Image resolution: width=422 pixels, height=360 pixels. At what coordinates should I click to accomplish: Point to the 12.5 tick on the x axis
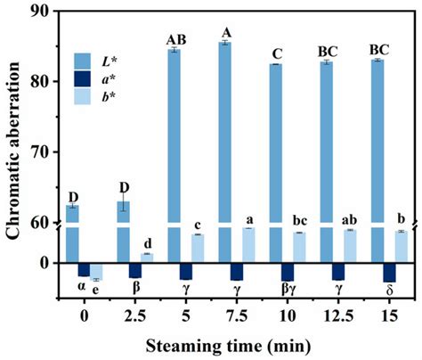click(x=338, y=315)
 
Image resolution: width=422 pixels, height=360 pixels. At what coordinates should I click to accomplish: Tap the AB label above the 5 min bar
click(x=174, y=39)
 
